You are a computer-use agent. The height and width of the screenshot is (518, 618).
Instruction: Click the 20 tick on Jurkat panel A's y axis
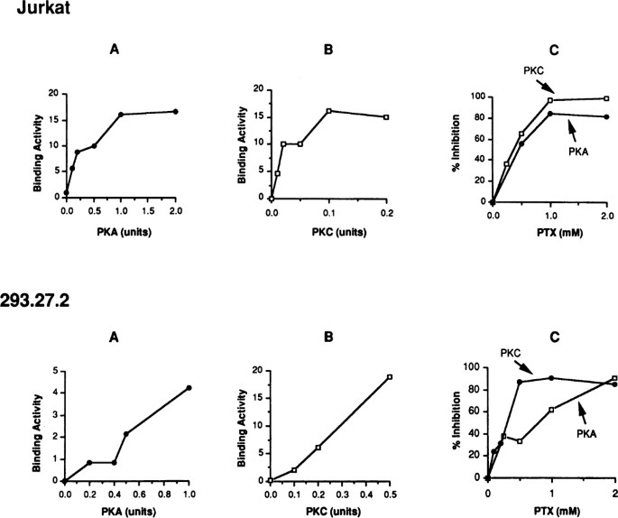click(x=52, y=94)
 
